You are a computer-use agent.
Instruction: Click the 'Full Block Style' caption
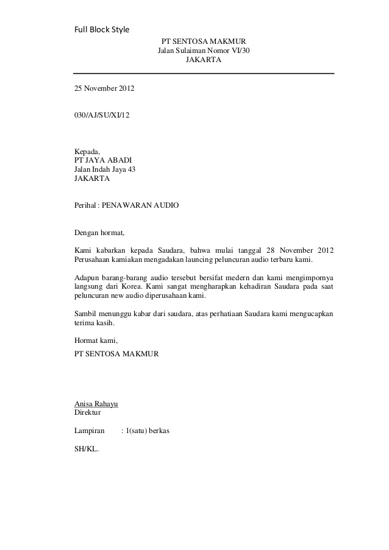click(x=102, y=29)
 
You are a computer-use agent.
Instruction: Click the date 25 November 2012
click(x=104, y=89)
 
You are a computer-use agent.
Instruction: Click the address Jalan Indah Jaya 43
click(x=104, y=169)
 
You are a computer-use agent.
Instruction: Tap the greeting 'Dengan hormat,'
click(x=99, y=233)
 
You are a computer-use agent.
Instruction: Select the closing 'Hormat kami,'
click(x=96, y=340)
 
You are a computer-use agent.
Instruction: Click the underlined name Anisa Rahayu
click(x=96, y=404)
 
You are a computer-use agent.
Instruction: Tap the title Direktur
click(x=88, y=412)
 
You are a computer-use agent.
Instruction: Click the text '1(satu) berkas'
click(x=145, y=431)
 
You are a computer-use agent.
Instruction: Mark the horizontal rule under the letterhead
click(x=204, y=74)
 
